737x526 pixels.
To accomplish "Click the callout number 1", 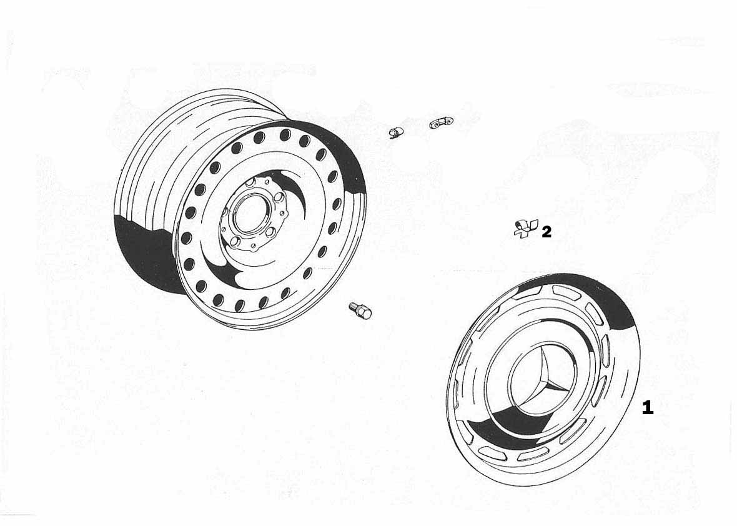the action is pos(647,407).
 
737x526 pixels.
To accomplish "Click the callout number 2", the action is pos(546,232).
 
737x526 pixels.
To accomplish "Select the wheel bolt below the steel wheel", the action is pos(360,310).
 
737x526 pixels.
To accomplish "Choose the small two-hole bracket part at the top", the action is pos(442,122).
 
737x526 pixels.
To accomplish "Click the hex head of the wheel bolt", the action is pos(365,312).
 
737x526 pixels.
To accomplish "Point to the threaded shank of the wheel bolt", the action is pos(354,307).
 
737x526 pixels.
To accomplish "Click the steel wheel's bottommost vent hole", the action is pos(239,305).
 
